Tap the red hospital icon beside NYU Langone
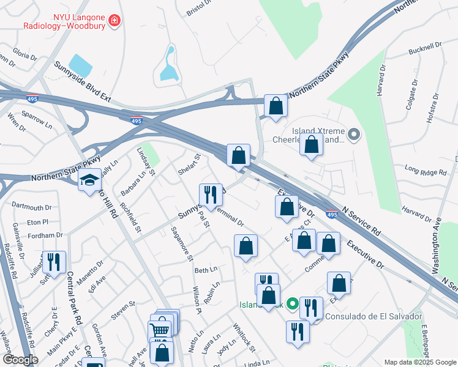[x=114, y=22]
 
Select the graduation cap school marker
[x=89, y=179]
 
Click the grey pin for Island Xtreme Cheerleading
[x=353, y=134]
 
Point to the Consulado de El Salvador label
[x=373, y=316]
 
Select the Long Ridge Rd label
[x=426, y=170]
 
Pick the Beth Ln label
[x=206, y=270]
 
